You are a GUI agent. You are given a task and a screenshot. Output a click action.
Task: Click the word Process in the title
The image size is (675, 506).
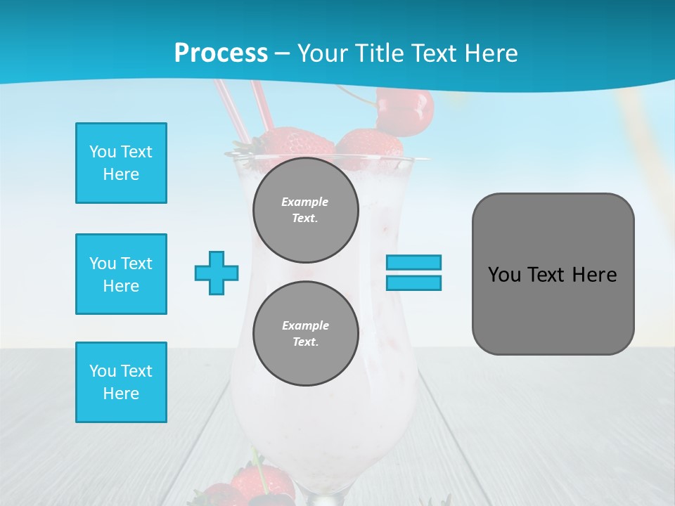[x=221, y=53]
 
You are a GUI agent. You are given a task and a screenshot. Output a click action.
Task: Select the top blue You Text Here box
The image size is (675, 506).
[x=121, y=163]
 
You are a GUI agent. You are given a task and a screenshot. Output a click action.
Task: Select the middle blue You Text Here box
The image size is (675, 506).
[x=121, y=274]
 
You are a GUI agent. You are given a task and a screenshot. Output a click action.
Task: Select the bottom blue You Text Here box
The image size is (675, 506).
[x=121, y=382]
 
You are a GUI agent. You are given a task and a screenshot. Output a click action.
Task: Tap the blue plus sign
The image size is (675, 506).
[x=217, y=273]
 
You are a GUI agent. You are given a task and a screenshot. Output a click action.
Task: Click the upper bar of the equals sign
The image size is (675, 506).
[x=413, y=262]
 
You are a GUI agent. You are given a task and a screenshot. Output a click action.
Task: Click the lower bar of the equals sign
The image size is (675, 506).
[x=413, y=283]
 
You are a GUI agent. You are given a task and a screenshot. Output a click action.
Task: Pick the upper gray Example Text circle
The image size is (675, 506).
[x=306, y=210]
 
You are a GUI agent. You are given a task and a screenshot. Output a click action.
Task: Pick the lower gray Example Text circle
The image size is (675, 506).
[x=306, y=334]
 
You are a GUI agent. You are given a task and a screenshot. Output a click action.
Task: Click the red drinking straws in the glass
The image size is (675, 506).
[x=243, y=112]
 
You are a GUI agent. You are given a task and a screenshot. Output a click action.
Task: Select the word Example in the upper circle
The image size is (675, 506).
[x=304, y=202]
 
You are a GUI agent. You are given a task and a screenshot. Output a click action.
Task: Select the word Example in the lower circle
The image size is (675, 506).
[x=305, y=325]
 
